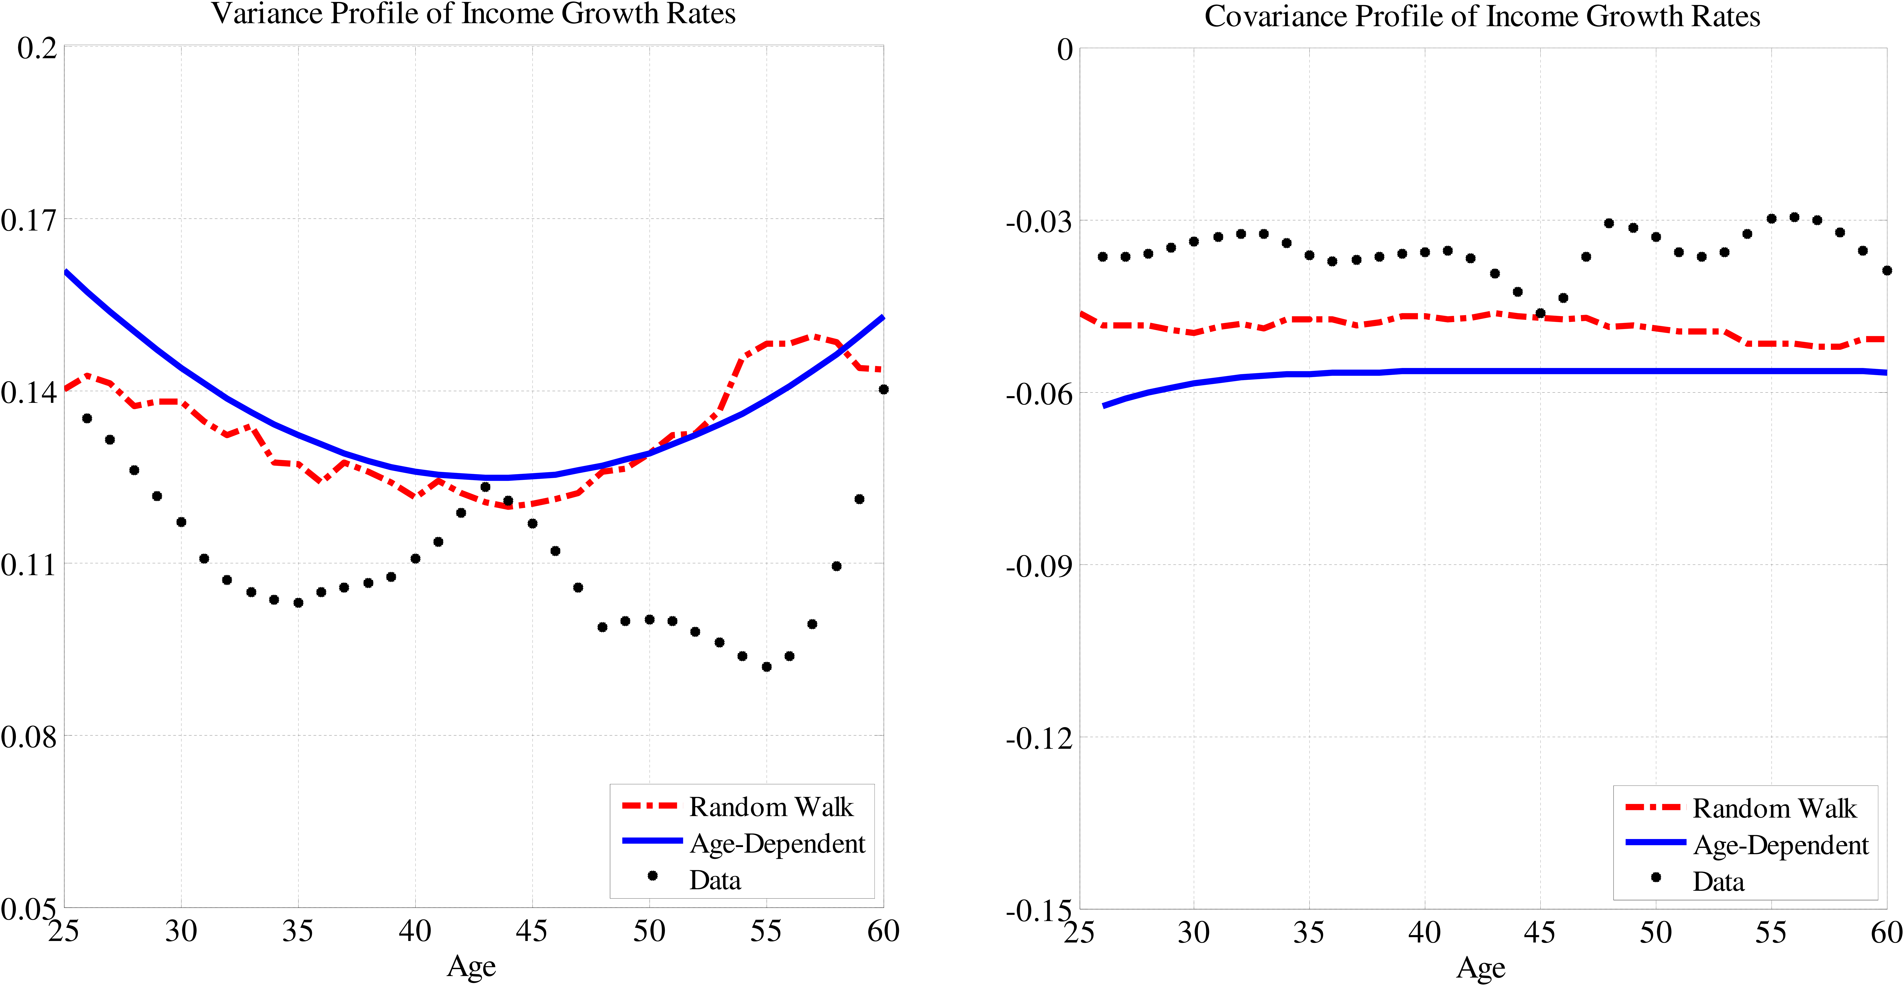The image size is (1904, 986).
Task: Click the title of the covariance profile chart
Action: click(1482, 16)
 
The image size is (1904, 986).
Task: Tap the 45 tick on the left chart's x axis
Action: click(532, 931)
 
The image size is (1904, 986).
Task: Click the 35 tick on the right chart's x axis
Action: click(1309, 933)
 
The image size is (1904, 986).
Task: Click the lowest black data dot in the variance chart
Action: click(767, 667)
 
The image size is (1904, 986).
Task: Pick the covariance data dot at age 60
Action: click(1886, 271)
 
